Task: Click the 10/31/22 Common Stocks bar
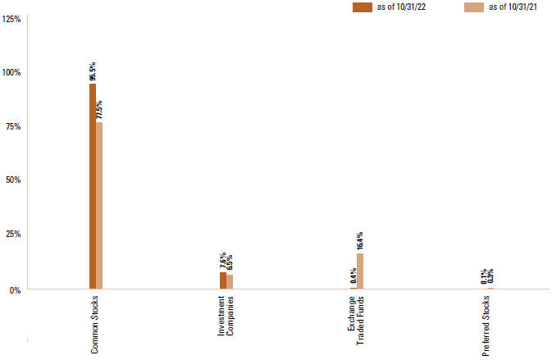93,185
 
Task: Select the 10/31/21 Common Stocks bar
99,205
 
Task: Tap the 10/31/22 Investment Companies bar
222,280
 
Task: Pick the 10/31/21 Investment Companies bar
230,281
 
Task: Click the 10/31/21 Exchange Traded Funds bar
359,271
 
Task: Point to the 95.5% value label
93,70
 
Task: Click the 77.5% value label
100,110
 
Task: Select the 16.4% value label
360,240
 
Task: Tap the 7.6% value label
222,262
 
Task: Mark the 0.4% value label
353,276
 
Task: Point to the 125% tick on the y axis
12,18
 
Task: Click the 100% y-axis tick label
12,72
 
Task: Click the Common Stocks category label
94,325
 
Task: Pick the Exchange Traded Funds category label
356,322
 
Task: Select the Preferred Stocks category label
486,322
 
